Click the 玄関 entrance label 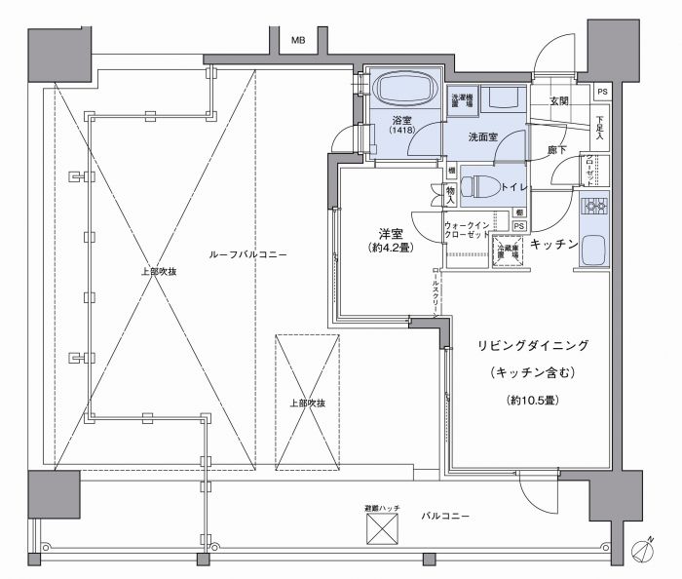tap(558, 101)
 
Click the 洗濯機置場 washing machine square tap(463, 103)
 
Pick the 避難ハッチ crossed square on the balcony tap(382, 529)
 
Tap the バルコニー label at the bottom tap(445, 514)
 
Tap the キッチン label tap(555, 244)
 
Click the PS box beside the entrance tap(603, 93)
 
